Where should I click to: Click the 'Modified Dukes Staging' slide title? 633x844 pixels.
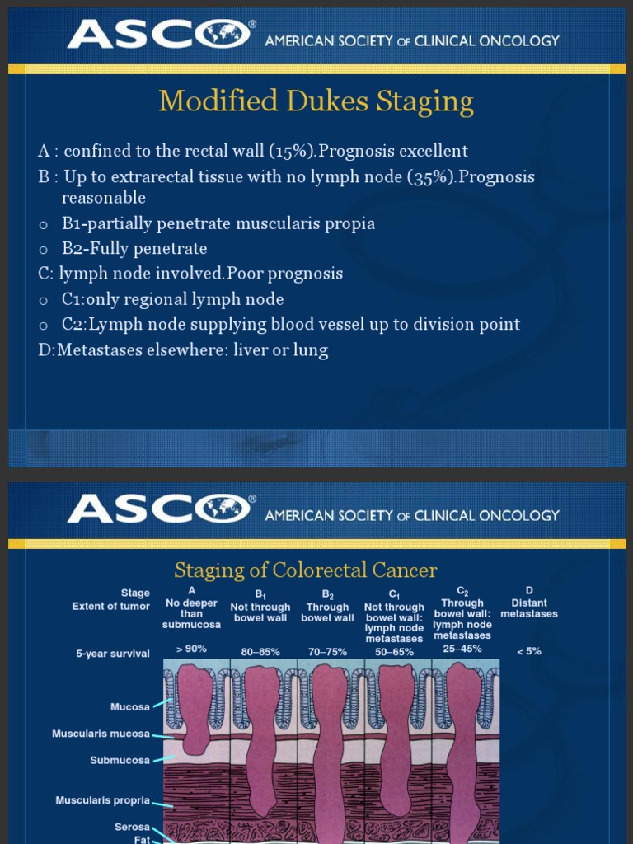coord(316,101)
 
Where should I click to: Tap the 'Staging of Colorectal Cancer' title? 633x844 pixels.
coord(305,570)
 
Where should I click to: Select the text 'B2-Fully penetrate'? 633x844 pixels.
coord(134,249)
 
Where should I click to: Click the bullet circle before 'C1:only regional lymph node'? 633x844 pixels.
coord(44,301)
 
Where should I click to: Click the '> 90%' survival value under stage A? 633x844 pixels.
coord(191,649)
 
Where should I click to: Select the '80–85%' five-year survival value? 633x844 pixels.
coord(260,652)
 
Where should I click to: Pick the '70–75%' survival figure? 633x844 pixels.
coord(327,652)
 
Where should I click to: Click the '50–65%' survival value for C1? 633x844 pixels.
coord(395,652)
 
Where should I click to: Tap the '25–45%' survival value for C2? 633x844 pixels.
coord(462,649)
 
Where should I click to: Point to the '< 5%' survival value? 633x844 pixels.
coord(529,651)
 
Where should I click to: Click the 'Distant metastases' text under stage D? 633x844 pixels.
coord(529,608)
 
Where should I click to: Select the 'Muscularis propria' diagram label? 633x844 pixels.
coord(103,800)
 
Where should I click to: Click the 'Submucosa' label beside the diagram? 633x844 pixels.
coord(120,760)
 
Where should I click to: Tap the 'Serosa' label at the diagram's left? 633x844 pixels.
coord(132,827)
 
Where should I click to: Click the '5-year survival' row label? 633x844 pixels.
coord(113,654)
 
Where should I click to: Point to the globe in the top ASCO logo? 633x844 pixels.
coord(222,34)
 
